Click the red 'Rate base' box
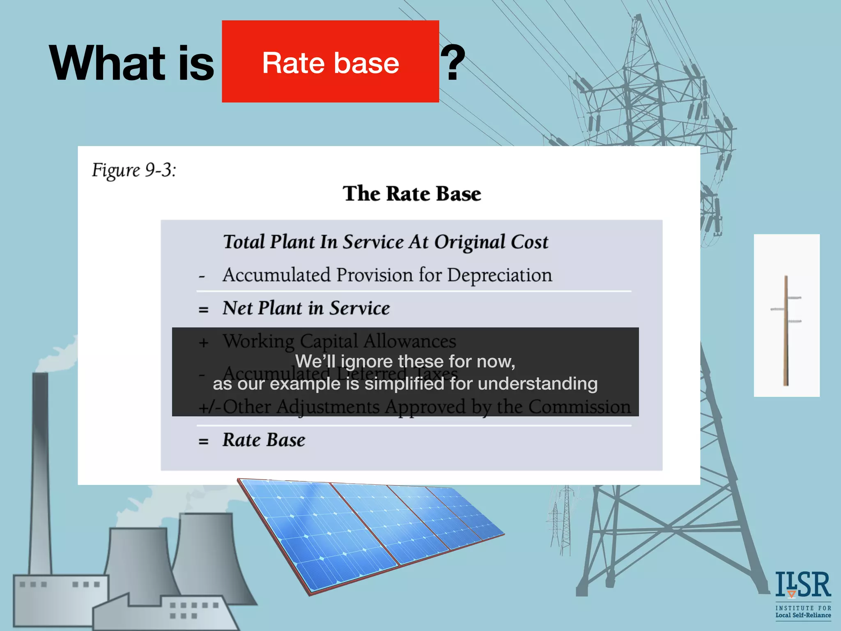330,62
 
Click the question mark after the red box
453,63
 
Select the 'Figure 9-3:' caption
134,170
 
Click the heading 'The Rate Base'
412,193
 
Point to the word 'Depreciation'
499,275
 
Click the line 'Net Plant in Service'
306,308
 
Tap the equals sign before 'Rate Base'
203,442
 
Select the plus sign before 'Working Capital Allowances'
204,342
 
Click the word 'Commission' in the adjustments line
579,407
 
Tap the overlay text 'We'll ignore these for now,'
405,362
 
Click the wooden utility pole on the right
786,331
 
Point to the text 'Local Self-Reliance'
803,615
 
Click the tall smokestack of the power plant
40,472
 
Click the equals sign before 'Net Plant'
203,310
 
